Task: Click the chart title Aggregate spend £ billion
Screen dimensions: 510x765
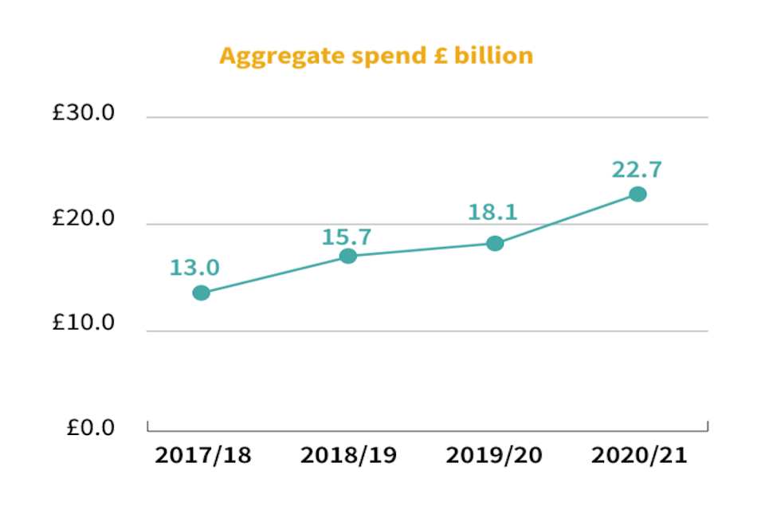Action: pos(376,57)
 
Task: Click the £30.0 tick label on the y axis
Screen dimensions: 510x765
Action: pos(84,114)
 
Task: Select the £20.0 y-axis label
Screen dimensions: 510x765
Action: pos(84,220)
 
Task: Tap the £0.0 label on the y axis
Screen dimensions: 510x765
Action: pos(90,429)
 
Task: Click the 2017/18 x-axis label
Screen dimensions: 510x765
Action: pos(202,456)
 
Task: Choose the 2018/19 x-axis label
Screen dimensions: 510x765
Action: pos(348,456)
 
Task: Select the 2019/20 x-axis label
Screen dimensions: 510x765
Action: pos(494,456)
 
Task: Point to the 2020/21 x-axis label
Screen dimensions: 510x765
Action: pos(639,456)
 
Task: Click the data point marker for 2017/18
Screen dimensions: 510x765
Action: pos(202,293)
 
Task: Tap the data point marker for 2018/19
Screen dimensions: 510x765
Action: pos(348,256)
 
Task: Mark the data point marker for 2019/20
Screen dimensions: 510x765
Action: pos(495,243)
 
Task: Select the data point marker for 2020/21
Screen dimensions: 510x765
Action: pos(637,194)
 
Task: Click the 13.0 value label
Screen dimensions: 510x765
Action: pos(194,267)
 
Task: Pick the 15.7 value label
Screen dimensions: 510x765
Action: pos(347,237)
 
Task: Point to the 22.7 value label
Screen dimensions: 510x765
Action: pos(637,170)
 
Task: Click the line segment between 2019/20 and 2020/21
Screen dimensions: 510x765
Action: pos(566,218)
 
